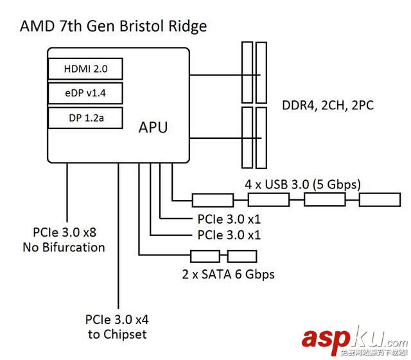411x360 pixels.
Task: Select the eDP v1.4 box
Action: coord(85,94)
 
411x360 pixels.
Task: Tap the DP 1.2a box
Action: coord(85,118)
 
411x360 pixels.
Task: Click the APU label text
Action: coord(153,127)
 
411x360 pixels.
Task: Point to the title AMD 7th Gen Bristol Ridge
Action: coord(114,26)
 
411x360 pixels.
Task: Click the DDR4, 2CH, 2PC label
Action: coord(328,105)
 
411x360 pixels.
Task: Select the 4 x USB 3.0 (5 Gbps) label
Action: coord(303,184)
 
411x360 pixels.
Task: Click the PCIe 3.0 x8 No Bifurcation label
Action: coord(69,240)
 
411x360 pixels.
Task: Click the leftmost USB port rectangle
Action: coord(213,200)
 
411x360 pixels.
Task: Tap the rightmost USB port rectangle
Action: coord(378,200)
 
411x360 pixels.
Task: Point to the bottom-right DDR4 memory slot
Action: coord(261,136)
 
